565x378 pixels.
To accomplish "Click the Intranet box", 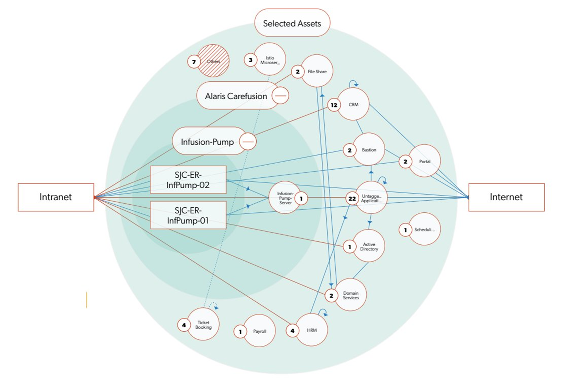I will pos(56,197).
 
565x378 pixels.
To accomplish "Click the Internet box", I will pos(506,197).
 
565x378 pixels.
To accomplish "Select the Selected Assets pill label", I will pos(292,23).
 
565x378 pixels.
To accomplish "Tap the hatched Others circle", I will pos(214,61).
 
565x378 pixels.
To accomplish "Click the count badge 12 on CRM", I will pos(334,105).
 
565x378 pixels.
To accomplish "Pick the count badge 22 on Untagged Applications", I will pos(352,199).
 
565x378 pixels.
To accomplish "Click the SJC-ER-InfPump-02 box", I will pos(188,180).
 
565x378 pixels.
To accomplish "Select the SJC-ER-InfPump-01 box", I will pos(188,215).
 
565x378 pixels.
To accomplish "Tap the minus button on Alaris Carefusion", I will pos(280,95).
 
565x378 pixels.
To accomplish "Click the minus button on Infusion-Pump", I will pos(248,141).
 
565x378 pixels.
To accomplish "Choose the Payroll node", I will pos(260,331).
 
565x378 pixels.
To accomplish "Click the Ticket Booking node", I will pos(203,325).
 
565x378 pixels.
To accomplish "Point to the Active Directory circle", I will pos(369,246).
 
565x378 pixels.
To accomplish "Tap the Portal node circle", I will pos(425,161).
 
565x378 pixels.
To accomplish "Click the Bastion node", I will pos(369,150).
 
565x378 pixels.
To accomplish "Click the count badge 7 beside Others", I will pos(194,62).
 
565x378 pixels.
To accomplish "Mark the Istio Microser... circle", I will pos(270,59).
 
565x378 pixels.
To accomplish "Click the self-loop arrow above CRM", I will pos(353,83).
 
